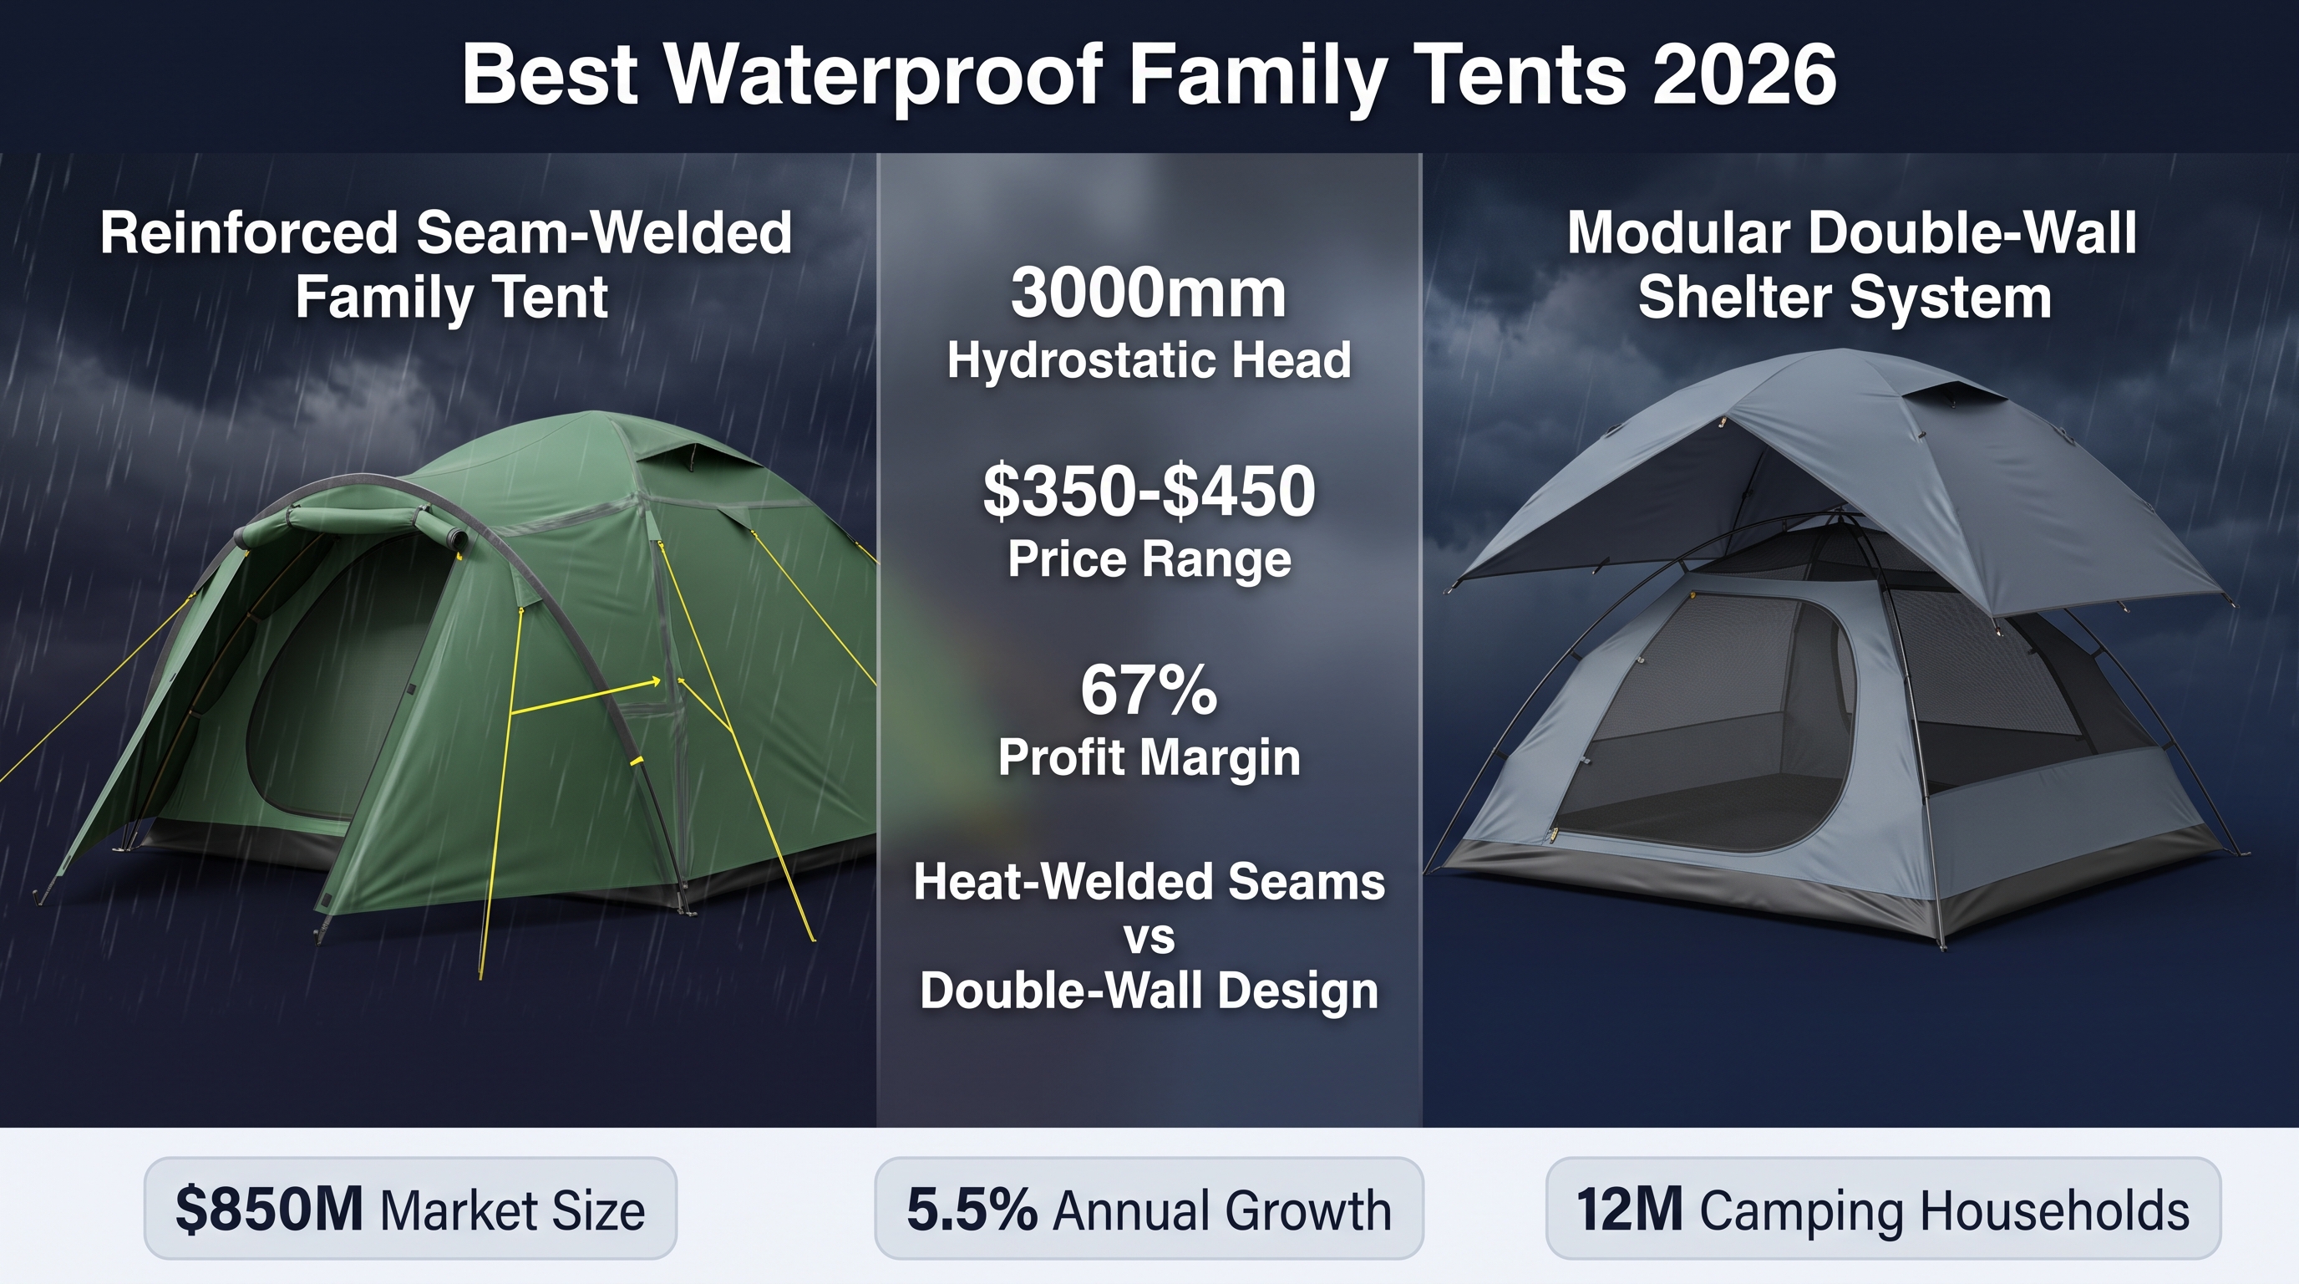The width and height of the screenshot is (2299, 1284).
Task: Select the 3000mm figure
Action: tap(1149, 293)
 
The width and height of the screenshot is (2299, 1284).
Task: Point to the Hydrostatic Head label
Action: tap(1149, 361)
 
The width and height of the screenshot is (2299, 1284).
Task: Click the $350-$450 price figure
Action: tap(1149, 491)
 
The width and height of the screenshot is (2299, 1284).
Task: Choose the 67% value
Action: tap(1149, 690)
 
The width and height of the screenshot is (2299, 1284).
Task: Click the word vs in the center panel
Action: tap(1149, 938)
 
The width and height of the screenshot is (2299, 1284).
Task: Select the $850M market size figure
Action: tap(269, 1209)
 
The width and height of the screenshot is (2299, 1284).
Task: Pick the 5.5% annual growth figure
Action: tap(972, 1209)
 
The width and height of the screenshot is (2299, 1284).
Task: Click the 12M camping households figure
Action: tap(1630, 1209)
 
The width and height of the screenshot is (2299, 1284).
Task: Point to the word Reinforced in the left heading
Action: tap(249, 234)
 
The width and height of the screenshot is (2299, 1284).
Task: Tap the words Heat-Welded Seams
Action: tap(1149, 882)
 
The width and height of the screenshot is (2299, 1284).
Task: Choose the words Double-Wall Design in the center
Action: tap(1149, 991)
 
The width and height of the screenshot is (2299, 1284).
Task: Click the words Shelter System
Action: tap(1845, 298)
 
